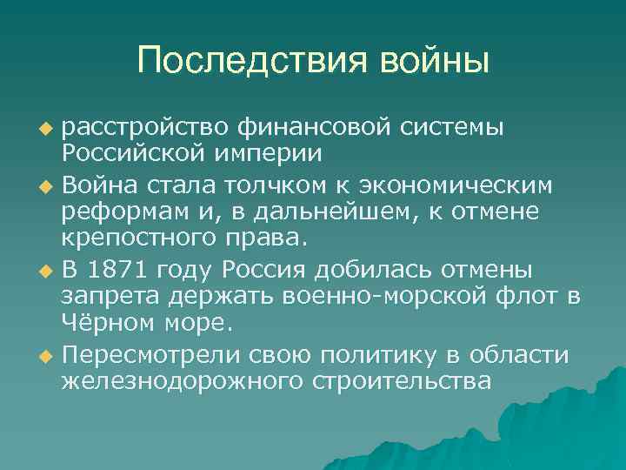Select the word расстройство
[x=144, y=127]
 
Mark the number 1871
[x=118, y=270]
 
